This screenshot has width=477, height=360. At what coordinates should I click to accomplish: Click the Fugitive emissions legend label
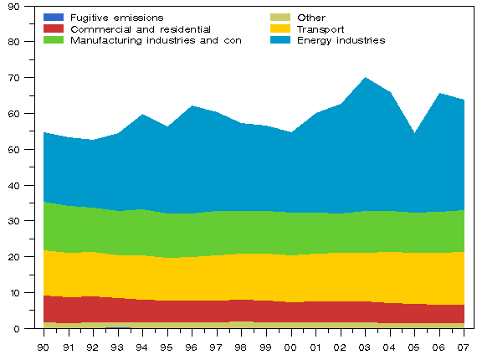pos(116,18)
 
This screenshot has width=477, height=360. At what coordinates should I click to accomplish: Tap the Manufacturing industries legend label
pos(156,40)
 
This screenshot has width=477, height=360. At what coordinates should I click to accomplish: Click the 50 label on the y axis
pos(25,149)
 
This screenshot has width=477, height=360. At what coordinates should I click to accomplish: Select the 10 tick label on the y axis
pos(25,293)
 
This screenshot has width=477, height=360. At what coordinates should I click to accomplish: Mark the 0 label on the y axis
pos(28,329)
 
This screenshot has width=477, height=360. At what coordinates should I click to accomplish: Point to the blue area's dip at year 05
pos(413,133)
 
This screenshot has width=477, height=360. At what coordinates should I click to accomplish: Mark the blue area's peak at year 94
pos(142,115)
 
